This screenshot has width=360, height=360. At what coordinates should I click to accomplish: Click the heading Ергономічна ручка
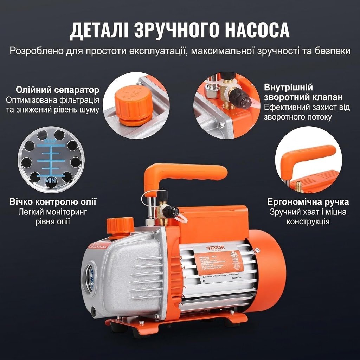tap(308, 202)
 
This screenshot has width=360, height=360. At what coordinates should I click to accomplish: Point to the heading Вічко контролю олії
tap(53, 202)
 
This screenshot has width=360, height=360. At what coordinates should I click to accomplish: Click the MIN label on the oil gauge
tap(51, 180)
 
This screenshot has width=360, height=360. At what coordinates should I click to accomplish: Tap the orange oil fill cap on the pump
tap(120, 225)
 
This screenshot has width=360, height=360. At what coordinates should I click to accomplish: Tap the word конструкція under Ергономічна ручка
tap(308, 221)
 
